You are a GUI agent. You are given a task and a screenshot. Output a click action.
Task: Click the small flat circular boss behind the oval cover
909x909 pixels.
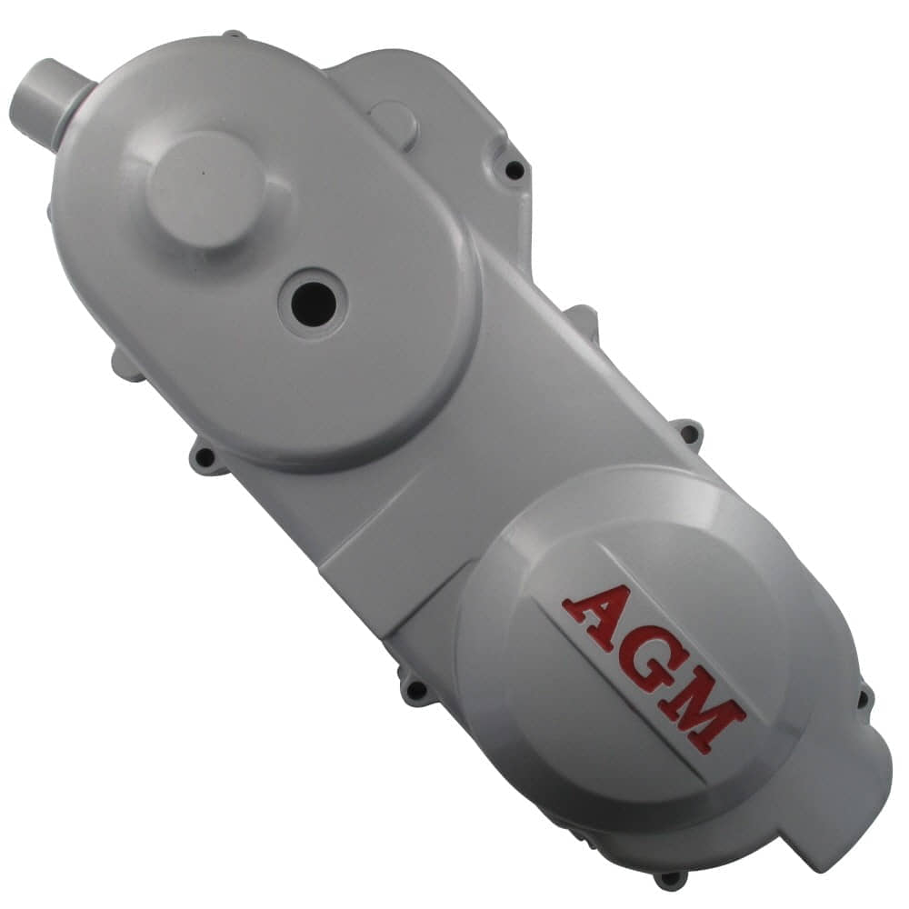(x=394, y=124)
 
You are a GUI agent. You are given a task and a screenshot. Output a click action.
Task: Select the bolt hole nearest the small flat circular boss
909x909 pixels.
(x=514, y=169)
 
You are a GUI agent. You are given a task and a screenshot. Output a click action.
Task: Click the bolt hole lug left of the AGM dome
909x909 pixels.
(x=416, y=691)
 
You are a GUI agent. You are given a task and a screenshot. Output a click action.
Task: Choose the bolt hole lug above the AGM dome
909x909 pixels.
(x=688, y=434)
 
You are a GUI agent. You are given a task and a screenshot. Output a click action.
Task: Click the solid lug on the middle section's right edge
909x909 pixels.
(x=582, y=319)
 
